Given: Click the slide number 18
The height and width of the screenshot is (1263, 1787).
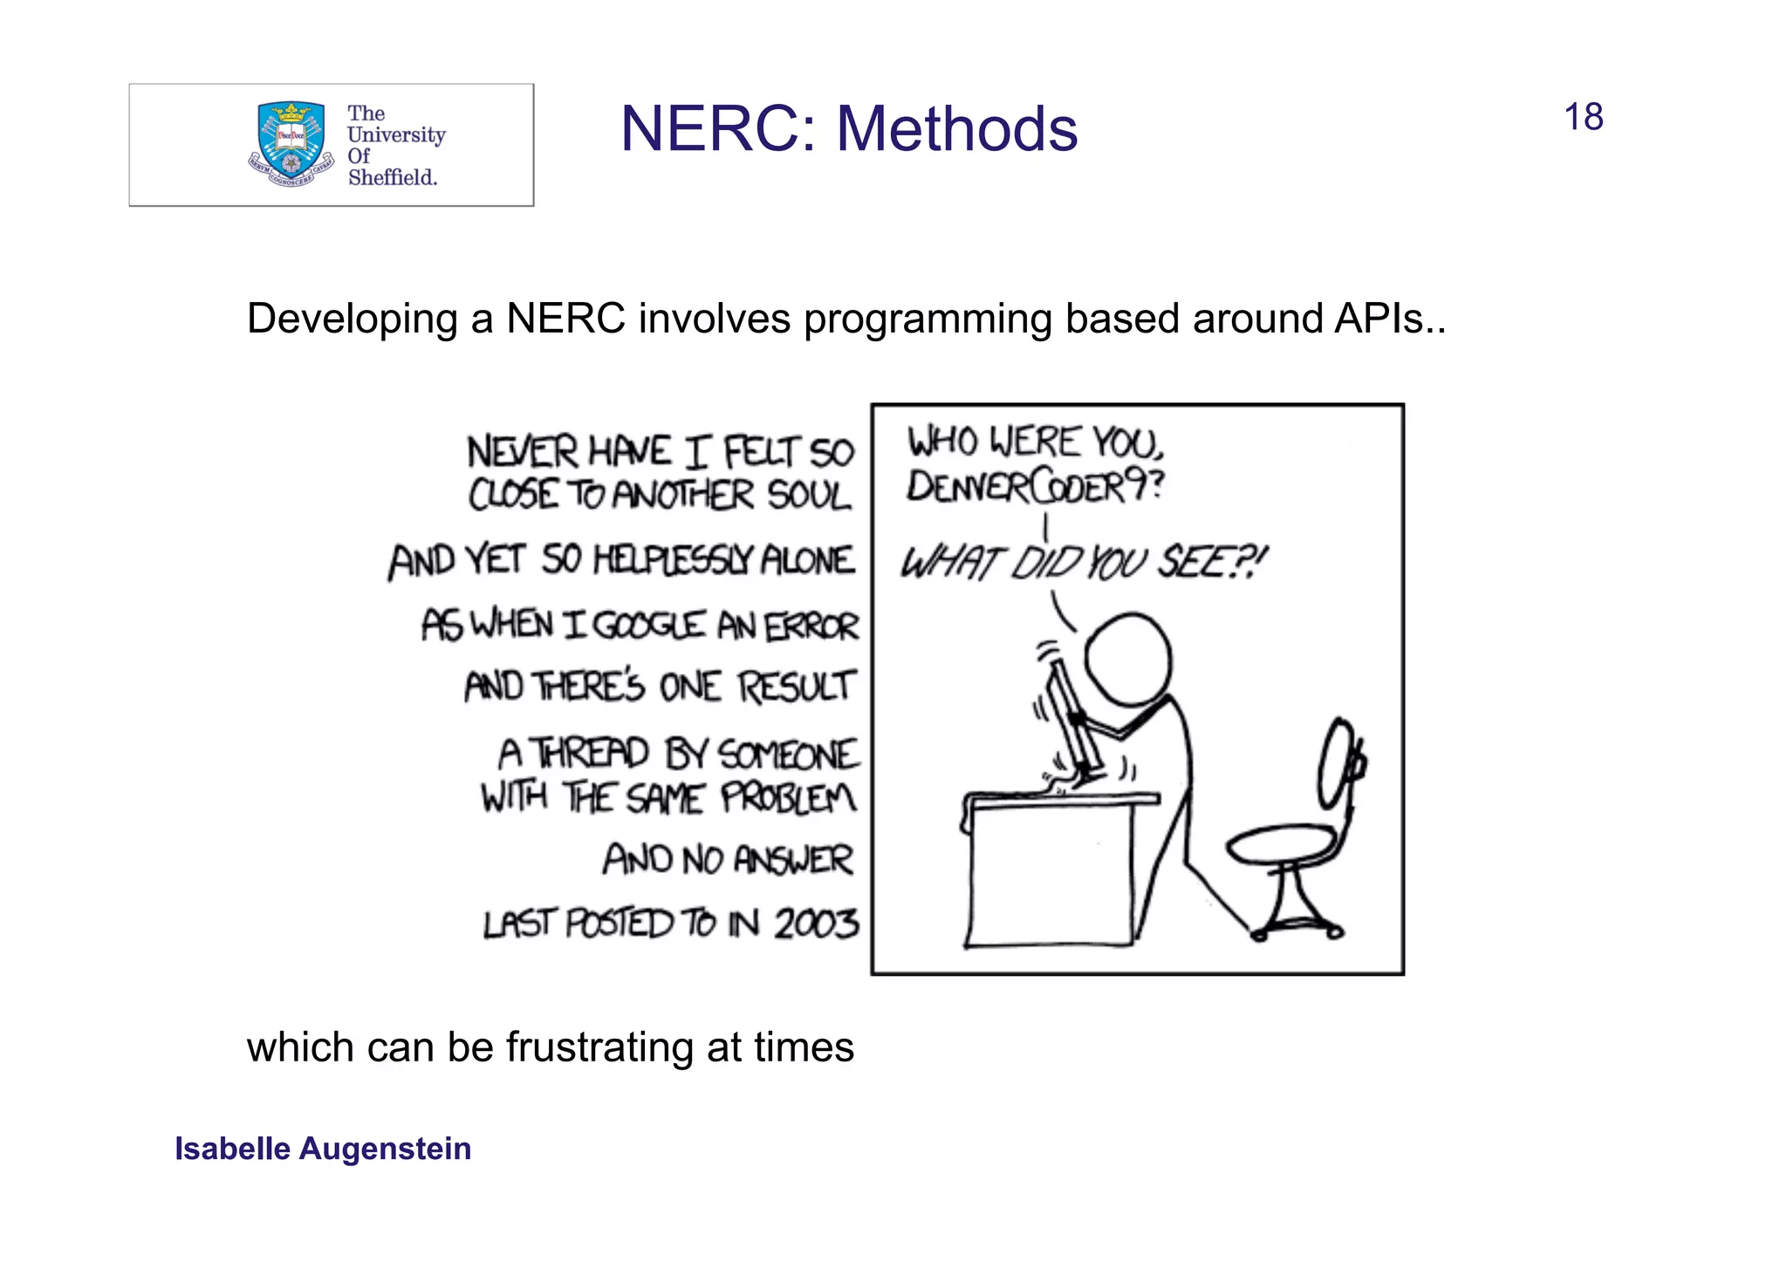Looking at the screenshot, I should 1583,117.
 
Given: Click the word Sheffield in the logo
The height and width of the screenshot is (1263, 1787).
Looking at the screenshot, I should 392,177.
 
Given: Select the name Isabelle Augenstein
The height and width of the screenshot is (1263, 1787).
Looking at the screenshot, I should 323,1149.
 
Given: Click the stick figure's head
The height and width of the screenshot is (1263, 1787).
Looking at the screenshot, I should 1127,657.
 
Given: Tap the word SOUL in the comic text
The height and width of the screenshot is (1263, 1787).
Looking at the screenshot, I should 808,496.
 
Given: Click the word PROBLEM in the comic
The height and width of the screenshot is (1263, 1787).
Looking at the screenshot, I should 788,798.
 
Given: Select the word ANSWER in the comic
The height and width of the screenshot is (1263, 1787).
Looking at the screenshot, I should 792,860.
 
